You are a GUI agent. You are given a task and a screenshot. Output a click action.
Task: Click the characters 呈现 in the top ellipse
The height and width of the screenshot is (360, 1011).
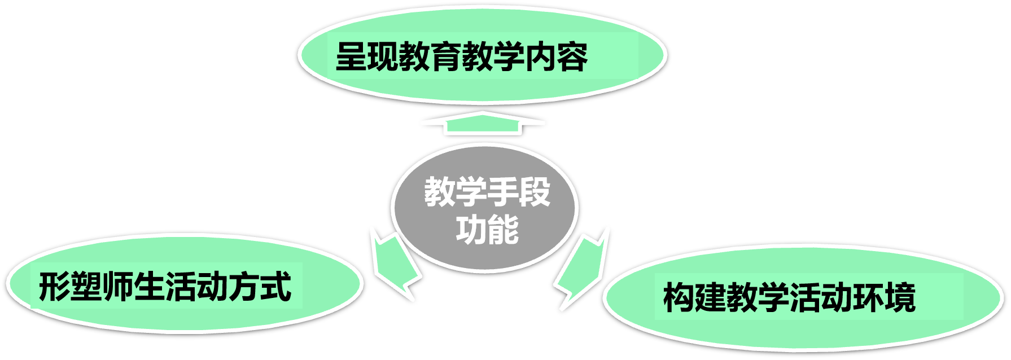(x=367, y=56)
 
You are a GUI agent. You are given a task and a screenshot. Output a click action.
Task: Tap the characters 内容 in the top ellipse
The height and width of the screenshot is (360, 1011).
(x=557, y=56)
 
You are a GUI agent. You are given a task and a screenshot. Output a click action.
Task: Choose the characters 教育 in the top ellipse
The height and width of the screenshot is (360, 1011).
(x=430, y=56)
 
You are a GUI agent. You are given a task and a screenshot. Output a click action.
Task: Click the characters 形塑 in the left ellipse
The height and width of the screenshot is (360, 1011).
(x=71, y=286)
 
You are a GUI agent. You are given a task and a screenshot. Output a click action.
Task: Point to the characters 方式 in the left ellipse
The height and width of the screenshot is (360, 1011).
(x=260, y=286)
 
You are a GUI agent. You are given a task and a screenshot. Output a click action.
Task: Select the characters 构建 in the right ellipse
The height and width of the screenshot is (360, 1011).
(x=694, y=297)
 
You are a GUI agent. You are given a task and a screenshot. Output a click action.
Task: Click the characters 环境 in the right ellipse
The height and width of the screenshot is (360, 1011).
(x=884, y=297)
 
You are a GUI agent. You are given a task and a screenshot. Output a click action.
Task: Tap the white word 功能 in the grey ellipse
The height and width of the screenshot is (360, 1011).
(x=487, y=230)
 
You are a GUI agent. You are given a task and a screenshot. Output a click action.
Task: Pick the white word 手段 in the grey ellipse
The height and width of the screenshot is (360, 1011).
(x=519, y=192)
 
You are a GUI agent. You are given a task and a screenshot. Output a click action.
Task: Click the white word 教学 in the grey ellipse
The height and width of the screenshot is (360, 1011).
(x=456, y=192)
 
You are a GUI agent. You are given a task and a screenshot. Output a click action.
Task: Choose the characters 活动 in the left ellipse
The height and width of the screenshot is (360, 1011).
(x=197, y=286)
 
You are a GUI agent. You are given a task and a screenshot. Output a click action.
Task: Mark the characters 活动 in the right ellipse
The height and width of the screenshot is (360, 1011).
(x=821, y=297)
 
